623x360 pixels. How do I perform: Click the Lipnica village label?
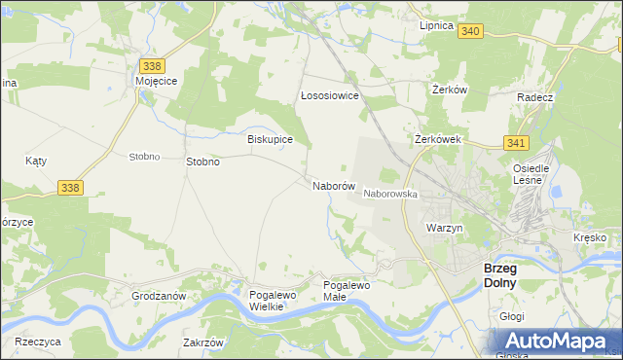[x=436, y=25]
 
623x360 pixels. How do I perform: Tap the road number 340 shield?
[x=471, y=32]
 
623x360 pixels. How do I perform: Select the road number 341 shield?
[x=517, y=143]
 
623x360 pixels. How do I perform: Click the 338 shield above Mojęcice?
[x=151, y=66]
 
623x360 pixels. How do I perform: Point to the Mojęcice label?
[x=156, y=82]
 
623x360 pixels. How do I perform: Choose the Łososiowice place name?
[x=329, y=96]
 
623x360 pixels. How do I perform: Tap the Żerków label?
[x=450, y=89]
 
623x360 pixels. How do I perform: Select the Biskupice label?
[x=271, y=139]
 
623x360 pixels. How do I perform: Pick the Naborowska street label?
[x=390, y=194]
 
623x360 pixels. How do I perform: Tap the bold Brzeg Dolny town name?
[x=506, y=274]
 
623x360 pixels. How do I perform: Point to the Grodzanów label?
[x=158, y=295]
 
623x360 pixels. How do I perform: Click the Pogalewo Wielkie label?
[x=266, y=300]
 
